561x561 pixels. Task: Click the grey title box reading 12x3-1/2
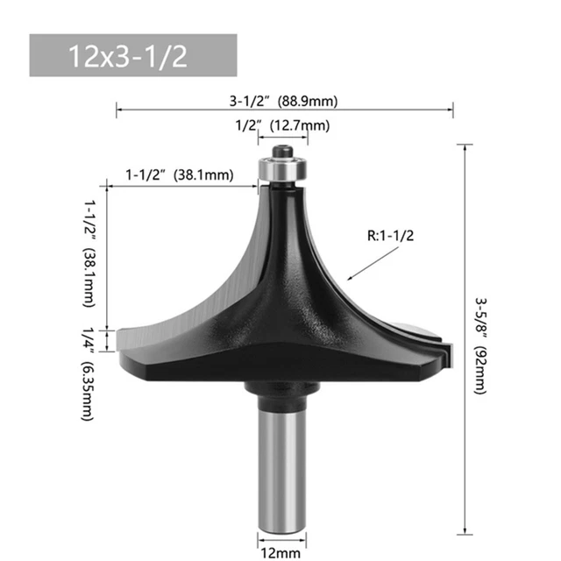click(x=133, y=55)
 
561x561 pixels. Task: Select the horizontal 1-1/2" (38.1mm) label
click(x=180, y=174)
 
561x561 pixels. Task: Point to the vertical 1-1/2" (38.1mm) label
click(x=89, y=252)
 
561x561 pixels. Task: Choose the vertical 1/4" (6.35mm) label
click(x=89, y=373)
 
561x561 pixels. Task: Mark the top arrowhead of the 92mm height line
click(x=463, y=145)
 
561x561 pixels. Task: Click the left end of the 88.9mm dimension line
click(x=117, y=110)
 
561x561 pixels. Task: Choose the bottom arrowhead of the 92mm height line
click(x=463, y=531)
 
